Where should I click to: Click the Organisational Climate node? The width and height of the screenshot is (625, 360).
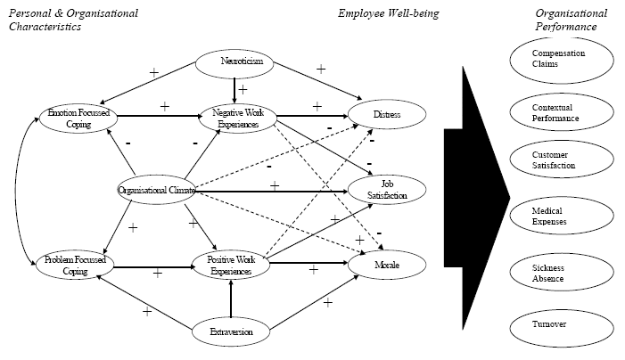coord(158,189)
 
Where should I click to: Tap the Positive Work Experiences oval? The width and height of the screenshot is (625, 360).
coord(230,265)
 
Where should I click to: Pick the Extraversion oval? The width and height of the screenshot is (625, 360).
coord(231,331)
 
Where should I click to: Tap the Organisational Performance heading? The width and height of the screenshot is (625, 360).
coord(571,20)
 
